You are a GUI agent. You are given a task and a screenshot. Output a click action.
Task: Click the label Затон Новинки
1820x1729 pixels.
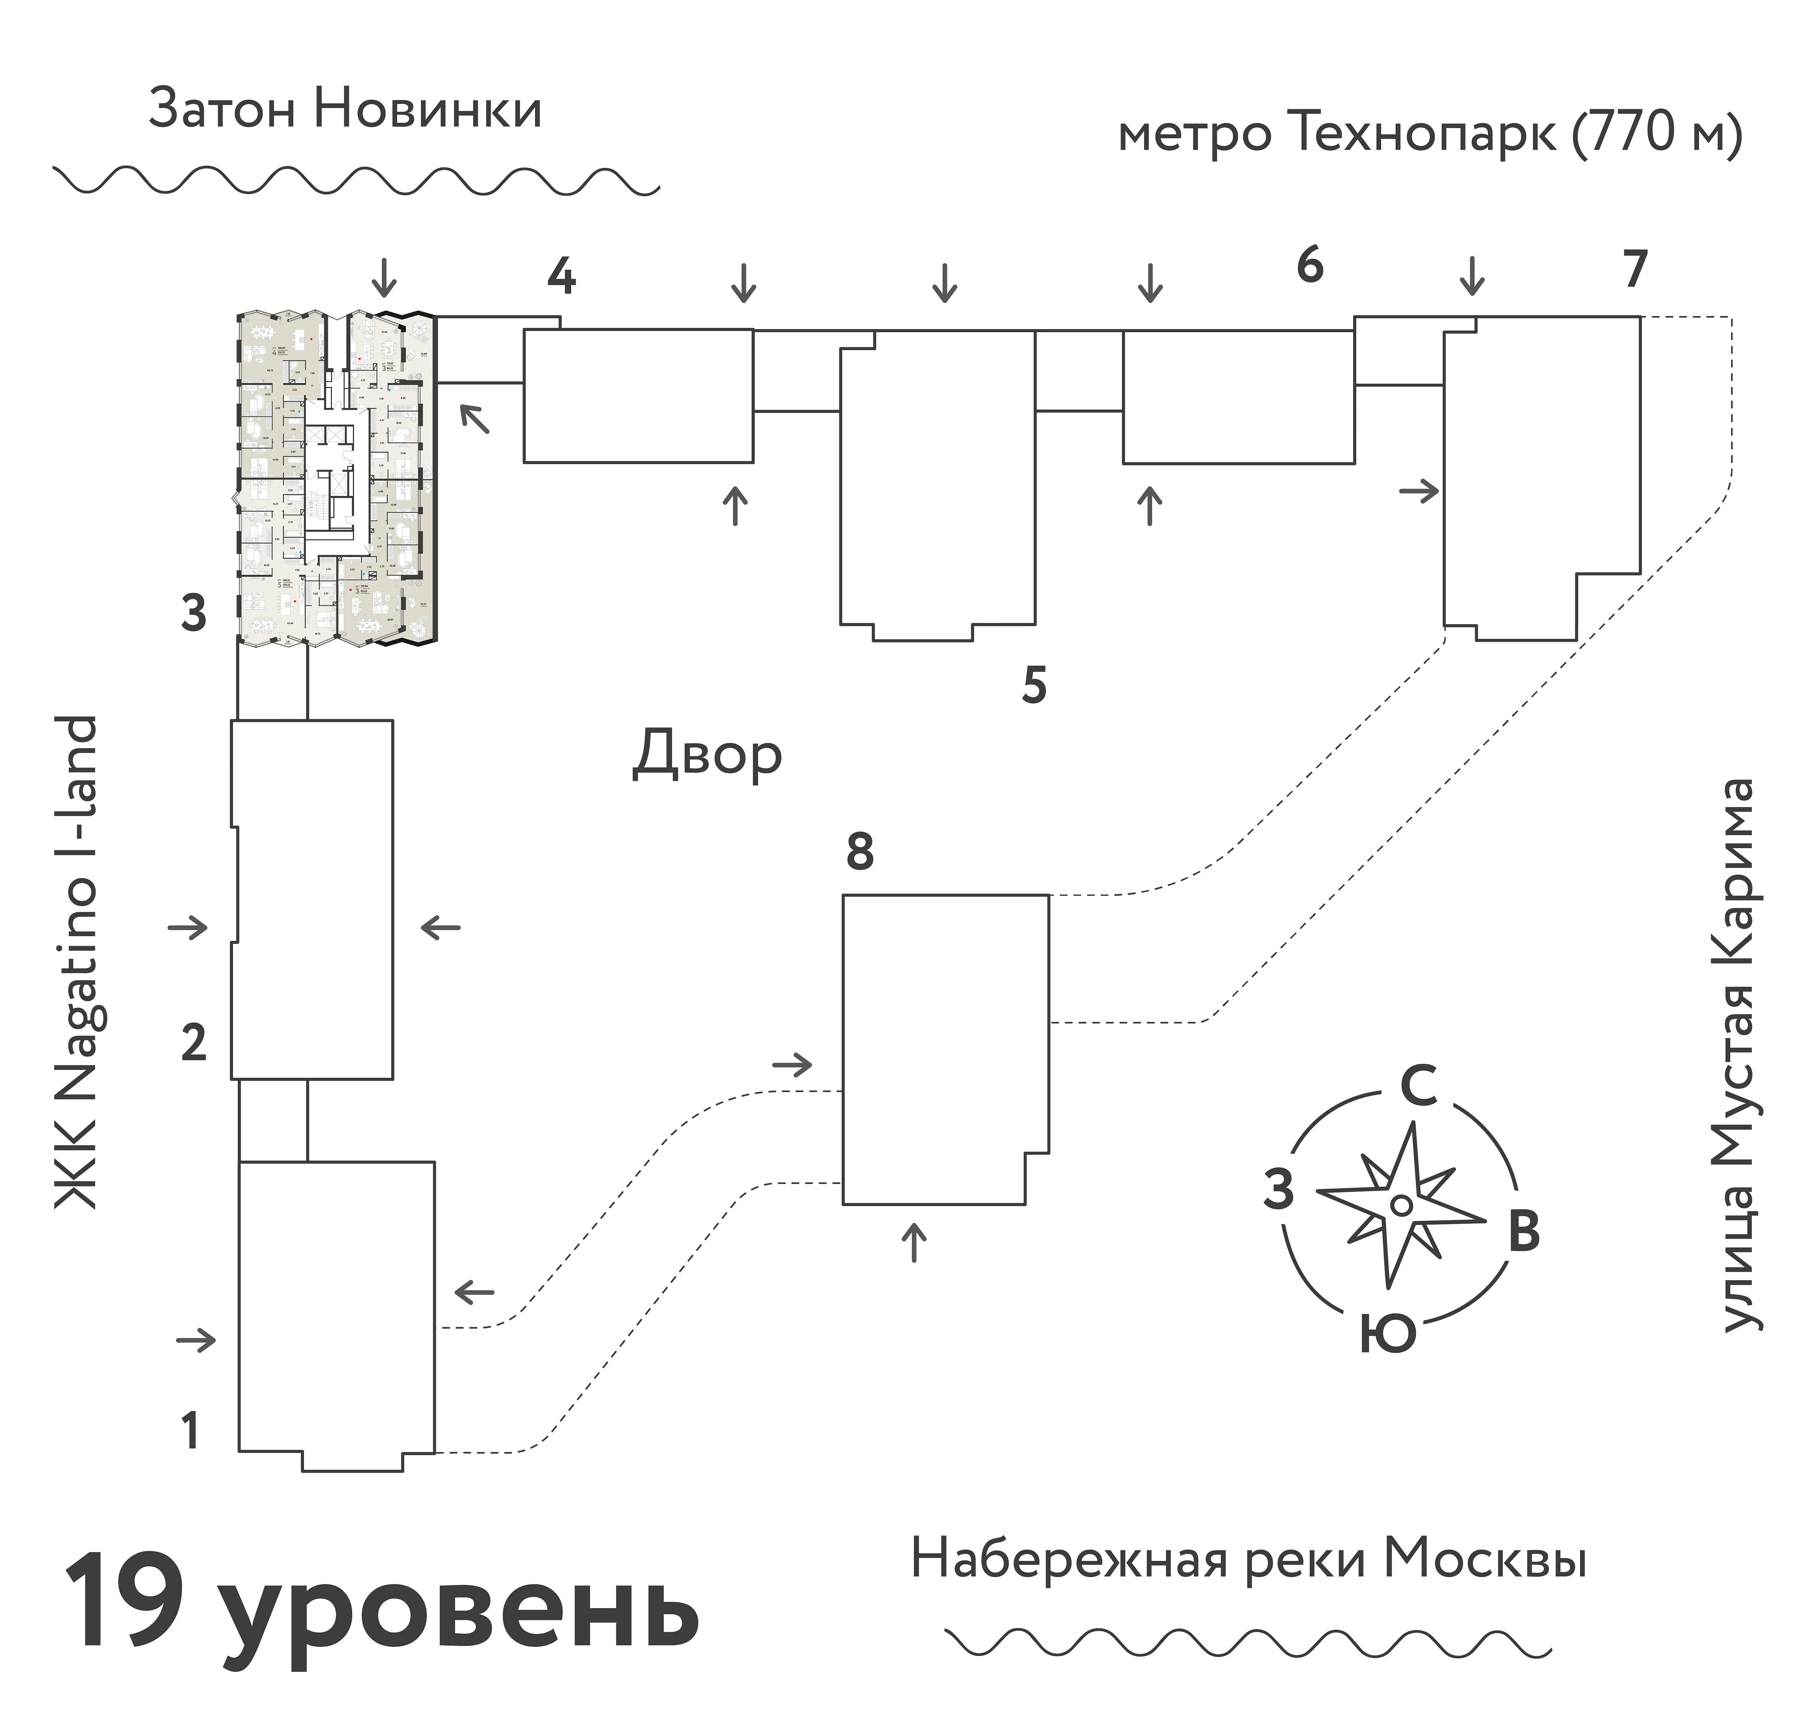coord(345,110)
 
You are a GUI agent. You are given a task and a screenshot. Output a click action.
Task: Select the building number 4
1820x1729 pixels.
coord(561,275)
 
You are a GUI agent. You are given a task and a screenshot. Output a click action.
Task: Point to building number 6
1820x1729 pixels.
coord(1309,265)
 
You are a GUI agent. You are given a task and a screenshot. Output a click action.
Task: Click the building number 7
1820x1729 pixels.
coord(1634,269)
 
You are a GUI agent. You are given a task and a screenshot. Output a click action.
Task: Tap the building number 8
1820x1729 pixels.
coord(859,853)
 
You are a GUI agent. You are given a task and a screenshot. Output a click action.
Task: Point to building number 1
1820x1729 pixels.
coord(190,1431)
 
